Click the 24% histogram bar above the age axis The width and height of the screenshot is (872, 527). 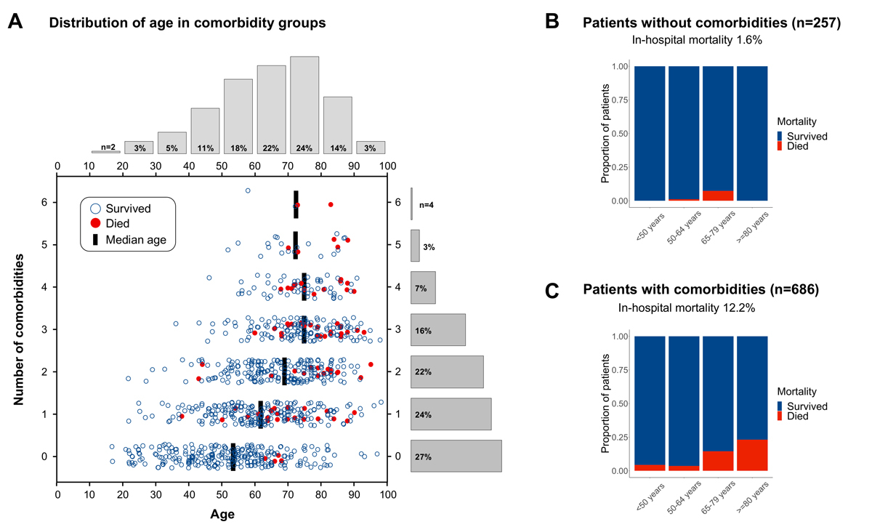pos(304,105)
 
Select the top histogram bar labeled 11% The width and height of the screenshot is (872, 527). pos(205,131)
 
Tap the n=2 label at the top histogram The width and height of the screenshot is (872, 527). pos(106,148)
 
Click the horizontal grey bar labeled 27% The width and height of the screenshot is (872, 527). pos(456,456)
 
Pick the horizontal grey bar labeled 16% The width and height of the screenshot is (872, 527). pos(437,330)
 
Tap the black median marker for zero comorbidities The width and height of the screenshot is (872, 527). pos(233,457)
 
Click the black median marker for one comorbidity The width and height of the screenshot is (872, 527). pos(261,414)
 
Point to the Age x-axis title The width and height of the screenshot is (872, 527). pos(222,513)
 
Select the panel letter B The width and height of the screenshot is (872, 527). pos(552,22)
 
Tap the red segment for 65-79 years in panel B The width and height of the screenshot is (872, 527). pos(718,196)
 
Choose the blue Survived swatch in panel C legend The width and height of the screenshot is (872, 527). pos(780,406)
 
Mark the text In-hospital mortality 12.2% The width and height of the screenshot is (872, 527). pos(687,308)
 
